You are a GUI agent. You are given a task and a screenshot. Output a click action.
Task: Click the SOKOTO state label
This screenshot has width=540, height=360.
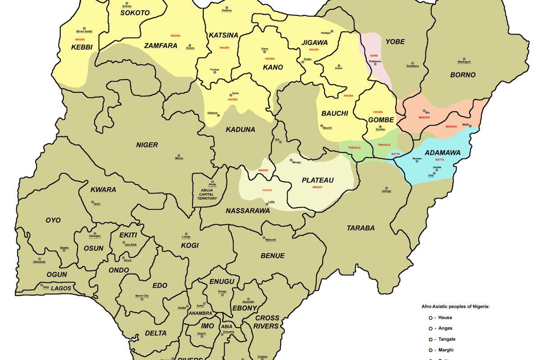pyautogui.click(x=135, y=13)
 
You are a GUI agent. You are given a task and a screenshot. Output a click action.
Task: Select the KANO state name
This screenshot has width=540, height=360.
pyautogui.click(x=273, y=67)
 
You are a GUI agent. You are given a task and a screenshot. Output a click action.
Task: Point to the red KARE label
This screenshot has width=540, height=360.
pyautogui.click(x=374, y=55)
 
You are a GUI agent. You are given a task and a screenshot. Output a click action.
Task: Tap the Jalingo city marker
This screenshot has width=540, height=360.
pyautogui.click(x=386, y=188)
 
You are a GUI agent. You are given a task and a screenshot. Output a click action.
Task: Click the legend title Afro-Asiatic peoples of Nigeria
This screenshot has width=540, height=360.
pyautogui.click(x=455, y=306)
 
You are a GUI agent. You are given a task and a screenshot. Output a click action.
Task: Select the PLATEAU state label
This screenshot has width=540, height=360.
pyautogui.click(x=317, y=180)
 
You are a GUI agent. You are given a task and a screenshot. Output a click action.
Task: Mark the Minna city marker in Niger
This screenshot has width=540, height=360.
pyautogui.click(x=179, y=155)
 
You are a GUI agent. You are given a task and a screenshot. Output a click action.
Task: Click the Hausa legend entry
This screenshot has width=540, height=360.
pyautogui.click(x=443, y=317)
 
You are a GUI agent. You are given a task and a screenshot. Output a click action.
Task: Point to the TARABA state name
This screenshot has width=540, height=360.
pyautogui.click(x=360, y=228)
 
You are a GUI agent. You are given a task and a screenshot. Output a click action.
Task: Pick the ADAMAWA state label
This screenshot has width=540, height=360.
pyautogui.click(x=442, y=153)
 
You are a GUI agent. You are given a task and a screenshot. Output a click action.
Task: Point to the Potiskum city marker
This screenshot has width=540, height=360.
pyautogui.click(x=375, y=64)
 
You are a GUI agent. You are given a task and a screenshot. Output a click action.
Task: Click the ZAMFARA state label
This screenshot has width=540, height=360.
pyautogui.click(x=161, y=46)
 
